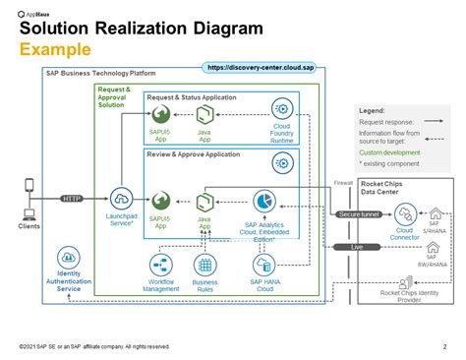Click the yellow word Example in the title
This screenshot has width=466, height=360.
[56, 49]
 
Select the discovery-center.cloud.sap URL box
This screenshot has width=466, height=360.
[258, 67]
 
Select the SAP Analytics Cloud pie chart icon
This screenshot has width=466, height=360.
[262, 199]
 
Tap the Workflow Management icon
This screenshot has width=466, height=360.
[161, 265]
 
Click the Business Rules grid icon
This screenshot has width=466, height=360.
[205, 265]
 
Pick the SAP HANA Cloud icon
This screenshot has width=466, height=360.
[262, 265]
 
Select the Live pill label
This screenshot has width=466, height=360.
[357, 246]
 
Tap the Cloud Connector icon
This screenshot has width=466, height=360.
[405, 210]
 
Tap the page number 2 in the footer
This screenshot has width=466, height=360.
[443, 346]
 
